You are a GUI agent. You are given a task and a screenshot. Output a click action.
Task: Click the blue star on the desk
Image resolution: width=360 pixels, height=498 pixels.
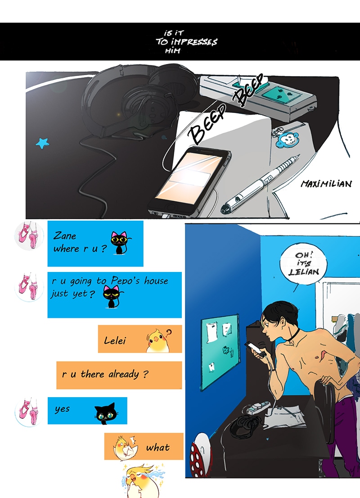pyautogui.click(x=42, y=143)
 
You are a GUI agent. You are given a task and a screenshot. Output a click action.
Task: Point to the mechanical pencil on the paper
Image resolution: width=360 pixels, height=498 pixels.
pyautogui.click(x=261, y=183)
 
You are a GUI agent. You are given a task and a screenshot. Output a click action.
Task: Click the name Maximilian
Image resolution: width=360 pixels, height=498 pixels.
pyautogui.click(x=326, y=184)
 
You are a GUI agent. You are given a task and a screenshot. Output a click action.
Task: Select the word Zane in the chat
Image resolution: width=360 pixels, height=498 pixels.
pyautogui.click(x=65, y=235)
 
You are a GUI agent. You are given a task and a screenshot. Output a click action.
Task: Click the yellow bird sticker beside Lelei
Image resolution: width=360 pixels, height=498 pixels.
pyautogui.click(x=158, y=340)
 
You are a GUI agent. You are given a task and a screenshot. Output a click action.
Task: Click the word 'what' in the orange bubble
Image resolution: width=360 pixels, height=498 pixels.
pyautogui.click(x=158, y=448)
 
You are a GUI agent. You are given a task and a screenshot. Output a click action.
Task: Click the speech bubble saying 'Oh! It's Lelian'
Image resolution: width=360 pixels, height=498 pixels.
pyautogui.click(x=303, y=263)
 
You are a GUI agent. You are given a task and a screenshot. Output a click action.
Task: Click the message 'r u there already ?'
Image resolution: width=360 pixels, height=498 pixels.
pyautogui.click(x=105, y=374)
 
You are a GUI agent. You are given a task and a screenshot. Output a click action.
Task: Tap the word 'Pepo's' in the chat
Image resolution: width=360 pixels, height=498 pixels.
pyautogui.click(x=126, y=281)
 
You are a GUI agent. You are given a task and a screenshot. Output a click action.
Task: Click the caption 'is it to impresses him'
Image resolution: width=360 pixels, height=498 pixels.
pyautogui.click(x=186, y=41)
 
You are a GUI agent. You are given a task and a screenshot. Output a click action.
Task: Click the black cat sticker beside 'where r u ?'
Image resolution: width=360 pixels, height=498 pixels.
pyautogui.click(x=120, y=243)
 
